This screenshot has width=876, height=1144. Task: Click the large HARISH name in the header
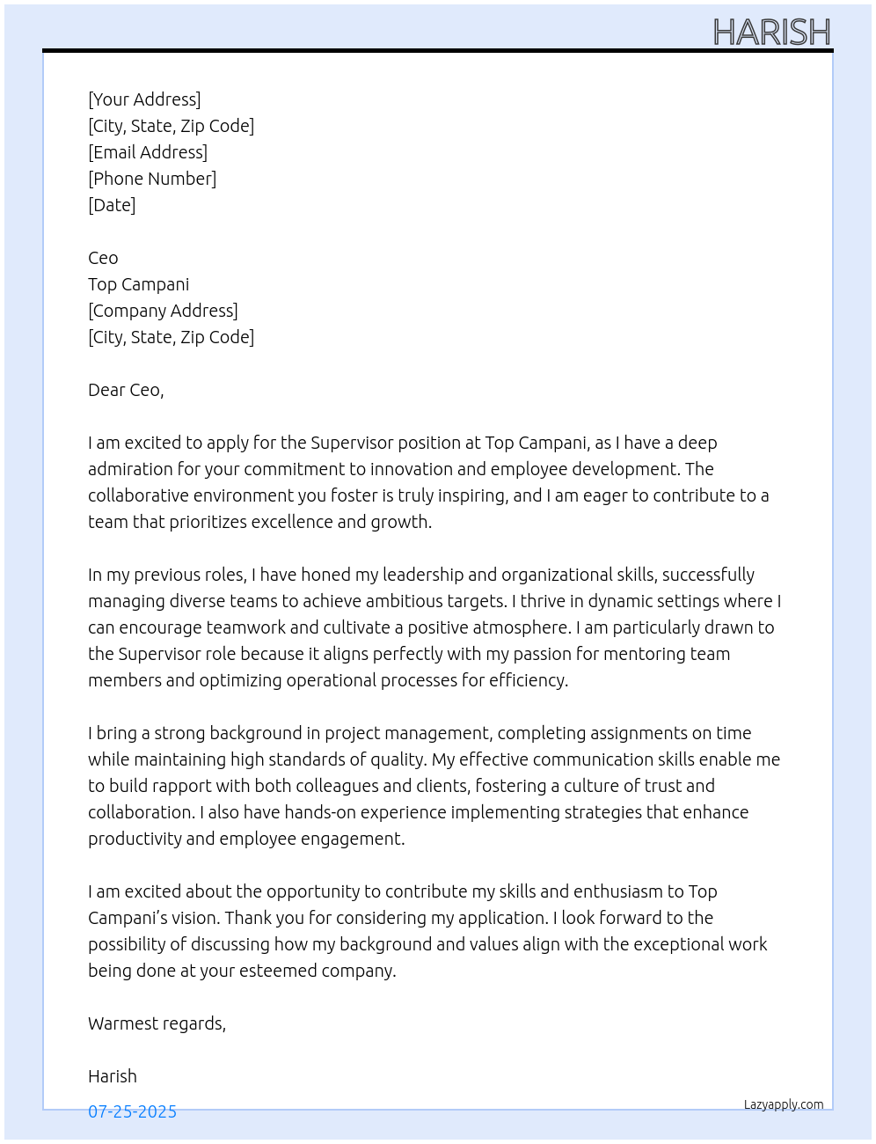click(771, 33)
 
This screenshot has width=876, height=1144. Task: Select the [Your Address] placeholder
click(144, 99)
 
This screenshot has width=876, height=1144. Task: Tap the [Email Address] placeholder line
click(148, 152)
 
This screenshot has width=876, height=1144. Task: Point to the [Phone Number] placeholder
click(152, 179)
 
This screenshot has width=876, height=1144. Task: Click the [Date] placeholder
click(112, 205)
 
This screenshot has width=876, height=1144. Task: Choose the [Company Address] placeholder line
click(163, 311)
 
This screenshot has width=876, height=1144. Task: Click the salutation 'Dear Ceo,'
click(126, 390)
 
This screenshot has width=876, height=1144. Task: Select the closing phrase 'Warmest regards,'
click(157, 1023)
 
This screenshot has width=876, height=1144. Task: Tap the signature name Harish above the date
click(113, 1076)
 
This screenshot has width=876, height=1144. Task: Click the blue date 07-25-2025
click(132, 1111)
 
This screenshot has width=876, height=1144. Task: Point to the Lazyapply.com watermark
click(784, 1104)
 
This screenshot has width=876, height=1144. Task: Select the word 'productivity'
click(135, 839)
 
